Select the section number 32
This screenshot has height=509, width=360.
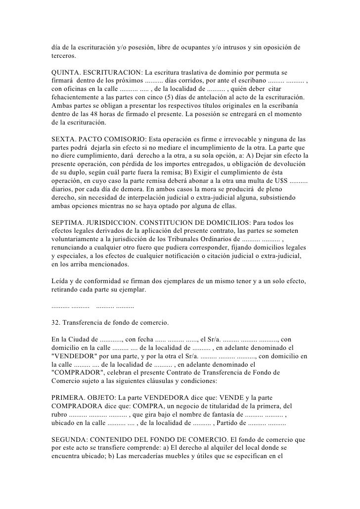55,323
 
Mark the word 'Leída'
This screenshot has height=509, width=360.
61,281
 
